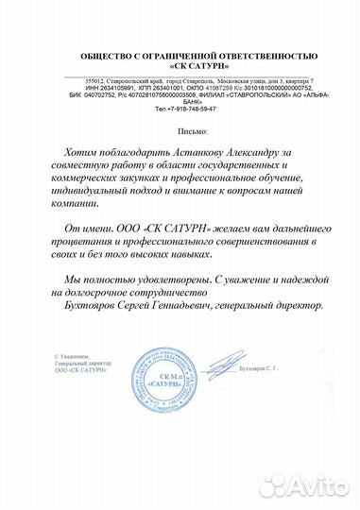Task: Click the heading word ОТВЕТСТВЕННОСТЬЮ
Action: pos(269,57)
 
